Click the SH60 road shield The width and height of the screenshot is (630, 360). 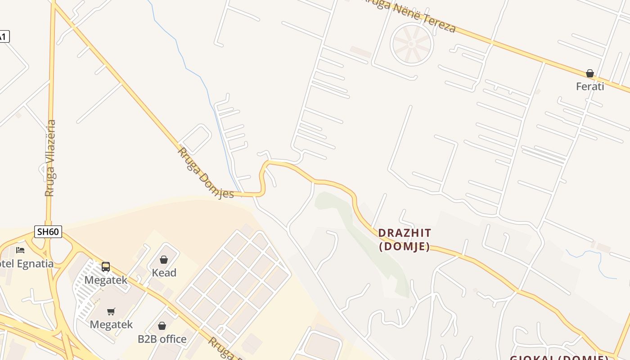coord(48,232)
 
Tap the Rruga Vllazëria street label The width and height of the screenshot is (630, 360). coord(50,157)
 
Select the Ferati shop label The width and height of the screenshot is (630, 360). coord(590,86)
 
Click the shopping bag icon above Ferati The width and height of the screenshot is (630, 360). coord(590,73)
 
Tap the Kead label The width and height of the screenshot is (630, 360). coord(164,273)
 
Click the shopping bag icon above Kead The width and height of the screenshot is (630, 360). coord(164,260)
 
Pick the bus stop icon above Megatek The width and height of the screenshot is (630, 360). coord(106,267)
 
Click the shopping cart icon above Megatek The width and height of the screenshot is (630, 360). coord(111,311)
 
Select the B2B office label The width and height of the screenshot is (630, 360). coord(162,339)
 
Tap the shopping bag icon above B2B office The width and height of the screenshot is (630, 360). coord(162,326)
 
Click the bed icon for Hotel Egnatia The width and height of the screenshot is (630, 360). coord(20,250)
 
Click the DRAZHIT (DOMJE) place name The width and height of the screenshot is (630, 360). coord(405,239)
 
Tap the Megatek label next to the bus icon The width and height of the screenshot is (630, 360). coord(106,280)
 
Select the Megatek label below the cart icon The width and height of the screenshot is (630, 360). coord(111,324)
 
